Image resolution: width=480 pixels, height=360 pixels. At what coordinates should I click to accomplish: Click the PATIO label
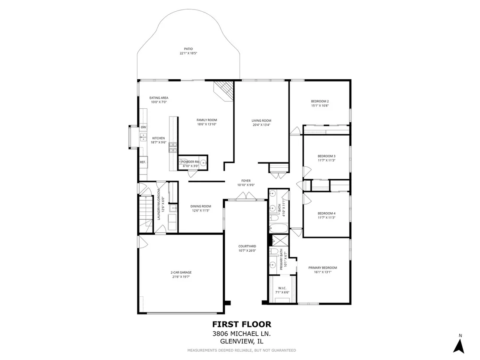coord(188,49)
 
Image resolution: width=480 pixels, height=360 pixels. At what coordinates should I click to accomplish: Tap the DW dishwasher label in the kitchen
coord(143,127)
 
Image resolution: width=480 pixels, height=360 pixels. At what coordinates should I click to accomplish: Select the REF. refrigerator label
coord(143,162)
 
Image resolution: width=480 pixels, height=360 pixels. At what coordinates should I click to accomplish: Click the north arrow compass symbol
coord(459,345)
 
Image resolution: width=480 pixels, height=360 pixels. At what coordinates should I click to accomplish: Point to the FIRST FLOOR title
coord(242,324)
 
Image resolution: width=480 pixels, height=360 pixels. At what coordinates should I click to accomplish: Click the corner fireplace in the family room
coord(224,91)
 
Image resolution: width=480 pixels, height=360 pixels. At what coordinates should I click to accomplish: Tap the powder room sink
coord(203,162)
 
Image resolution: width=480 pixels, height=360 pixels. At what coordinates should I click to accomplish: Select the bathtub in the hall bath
coord(278,228)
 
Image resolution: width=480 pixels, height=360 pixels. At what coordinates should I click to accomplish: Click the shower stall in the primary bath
coord(280,240)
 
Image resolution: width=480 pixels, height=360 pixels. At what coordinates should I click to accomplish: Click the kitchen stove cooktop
coord(173,148)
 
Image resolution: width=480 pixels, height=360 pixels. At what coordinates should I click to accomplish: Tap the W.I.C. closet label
coord(282,288)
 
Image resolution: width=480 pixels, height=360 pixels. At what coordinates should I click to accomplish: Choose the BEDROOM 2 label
coord(320,101)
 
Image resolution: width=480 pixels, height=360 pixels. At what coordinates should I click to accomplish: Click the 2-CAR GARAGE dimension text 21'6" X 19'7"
coord(181,277)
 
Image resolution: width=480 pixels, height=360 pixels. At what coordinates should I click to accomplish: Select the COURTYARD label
coord(247,246)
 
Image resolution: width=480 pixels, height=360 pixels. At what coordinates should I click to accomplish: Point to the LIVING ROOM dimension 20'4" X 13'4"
coord(261,125)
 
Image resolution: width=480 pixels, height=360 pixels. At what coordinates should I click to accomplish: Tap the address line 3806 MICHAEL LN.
coord(242,334)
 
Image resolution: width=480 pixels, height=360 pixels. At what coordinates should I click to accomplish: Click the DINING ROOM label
coord(201,206)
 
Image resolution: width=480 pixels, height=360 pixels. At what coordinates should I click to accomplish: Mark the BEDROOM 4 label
coord(327,214)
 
